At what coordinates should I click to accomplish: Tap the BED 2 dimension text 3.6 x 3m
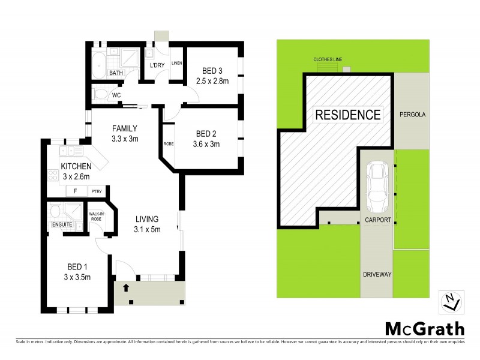pyautogui.click(x=206, y=144)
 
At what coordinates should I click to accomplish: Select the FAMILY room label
pyautogui.click(x=125, y=128)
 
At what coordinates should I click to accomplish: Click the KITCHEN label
pyautogui.click(x=76, y=166)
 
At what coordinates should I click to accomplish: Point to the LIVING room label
pyautogui.click(x=147, y=219)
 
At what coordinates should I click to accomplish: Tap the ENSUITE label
pyautogui.click(x=62, y=224)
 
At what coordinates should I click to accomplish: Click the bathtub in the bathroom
pyautogui.click(x=99, y=62)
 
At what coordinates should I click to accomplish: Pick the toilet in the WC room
pyautogui.click(x=100, y=94)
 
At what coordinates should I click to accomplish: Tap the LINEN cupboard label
pyautogui.click(x=176, y=63)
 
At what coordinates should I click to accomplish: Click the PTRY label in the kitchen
pyautogui.click(x=97, y=192)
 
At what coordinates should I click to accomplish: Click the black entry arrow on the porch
pyautogui.click(x=126, y=288)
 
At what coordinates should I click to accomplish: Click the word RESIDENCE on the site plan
pyautogui.click(x=348, y=114)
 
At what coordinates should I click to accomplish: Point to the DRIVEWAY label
pyautogui.click(x=377, y=274)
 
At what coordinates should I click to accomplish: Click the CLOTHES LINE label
pyautogui.click(x=328, y=59)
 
